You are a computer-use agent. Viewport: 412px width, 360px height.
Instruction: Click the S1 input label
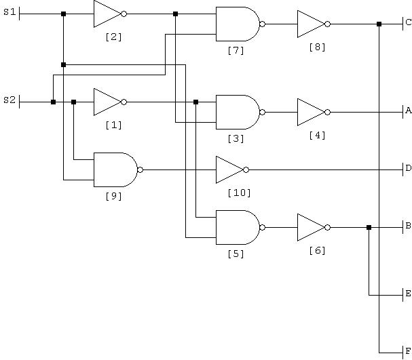(10, 12)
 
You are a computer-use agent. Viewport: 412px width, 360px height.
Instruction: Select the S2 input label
(10, 100)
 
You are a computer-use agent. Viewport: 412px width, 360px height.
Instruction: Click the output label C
(409, 22)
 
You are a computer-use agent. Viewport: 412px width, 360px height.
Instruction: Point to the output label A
(409, 111)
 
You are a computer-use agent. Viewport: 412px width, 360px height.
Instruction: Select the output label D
(409, 168)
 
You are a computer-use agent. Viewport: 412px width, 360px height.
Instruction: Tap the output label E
(409, 294)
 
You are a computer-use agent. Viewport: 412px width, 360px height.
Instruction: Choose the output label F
(409, 351)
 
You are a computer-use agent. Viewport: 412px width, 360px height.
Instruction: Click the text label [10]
(239, 193)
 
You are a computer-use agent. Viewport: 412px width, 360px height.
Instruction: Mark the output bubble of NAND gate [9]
(141, 169)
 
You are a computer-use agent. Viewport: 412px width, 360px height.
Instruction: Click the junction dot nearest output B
(369, 227)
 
